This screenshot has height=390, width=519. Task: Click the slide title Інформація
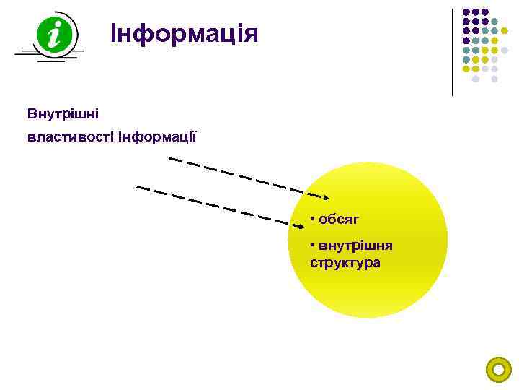(184, 33)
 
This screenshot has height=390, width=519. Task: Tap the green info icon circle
(53, 33)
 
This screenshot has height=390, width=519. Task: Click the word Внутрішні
(63, 114)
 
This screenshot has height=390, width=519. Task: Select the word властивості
(69, 136)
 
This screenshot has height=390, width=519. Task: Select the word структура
(345, 262)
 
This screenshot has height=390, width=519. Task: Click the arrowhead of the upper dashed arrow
(326, 196)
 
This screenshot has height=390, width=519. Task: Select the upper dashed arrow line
(245, 177)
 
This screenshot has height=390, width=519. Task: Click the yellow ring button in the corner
(498, 370)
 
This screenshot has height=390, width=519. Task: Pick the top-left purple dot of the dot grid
(466, 13)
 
